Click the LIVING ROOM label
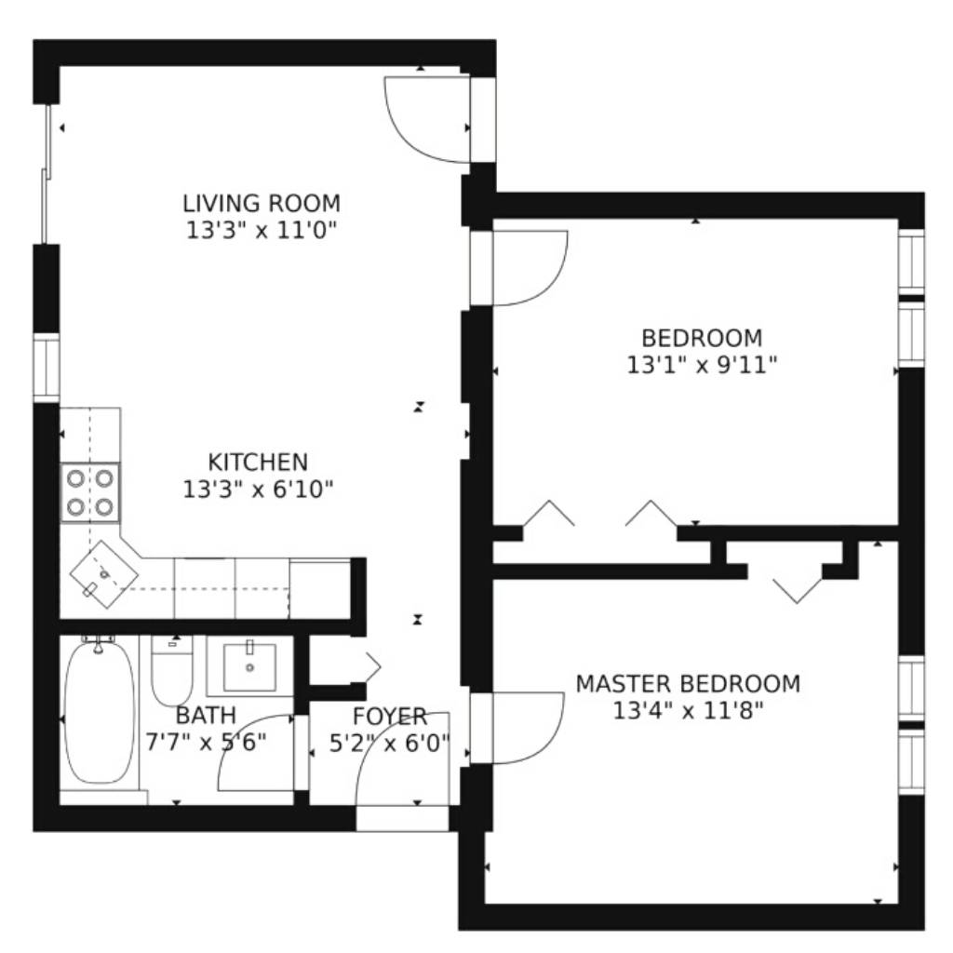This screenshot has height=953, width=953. click(x=262, y=203)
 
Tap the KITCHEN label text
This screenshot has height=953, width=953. click(x=258, y=463)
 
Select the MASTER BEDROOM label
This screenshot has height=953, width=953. click(x=688, y=684)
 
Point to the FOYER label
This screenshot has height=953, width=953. click(x=390, y=717)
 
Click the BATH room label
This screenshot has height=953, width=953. click(x=206, y=716)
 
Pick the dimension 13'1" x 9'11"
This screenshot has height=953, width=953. click(x=702, y=365)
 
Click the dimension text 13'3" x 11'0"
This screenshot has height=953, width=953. click(x=262, y=231)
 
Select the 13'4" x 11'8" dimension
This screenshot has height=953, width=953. click(x=688, y=710)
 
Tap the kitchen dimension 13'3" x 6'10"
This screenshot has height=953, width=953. click(x=259, y=490)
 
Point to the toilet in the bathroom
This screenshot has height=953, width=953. click(x=171, y=670)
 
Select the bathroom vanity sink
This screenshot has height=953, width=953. click(x=249, y=666)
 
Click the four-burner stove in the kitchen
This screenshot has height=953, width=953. click(x=90, y=492)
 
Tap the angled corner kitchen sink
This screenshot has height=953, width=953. click(x=104, y=574)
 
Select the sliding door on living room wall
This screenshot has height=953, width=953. click(x=47, y=174)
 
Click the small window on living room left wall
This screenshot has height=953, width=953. click(x=47, y=368)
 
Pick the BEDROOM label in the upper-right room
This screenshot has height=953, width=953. click(x=702, y=338)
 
